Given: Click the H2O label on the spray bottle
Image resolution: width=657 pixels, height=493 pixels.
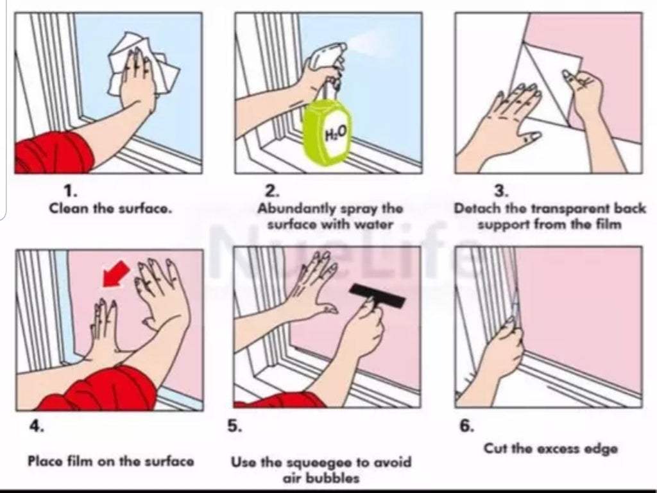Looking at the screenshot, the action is (x=336, y=134).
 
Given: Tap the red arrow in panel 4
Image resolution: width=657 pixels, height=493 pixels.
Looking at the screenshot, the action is (x=115, y=274).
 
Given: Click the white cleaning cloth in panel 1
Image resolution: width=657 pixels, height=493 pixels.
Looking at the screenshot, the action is (x=142, y=65).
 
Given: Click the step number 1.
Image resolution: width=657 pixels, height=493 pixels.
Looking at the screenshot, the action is (x=70, y=191).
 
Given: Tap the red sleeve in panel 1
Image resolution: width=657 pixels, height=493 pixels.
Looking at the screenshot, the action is (x=54, y=151).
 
